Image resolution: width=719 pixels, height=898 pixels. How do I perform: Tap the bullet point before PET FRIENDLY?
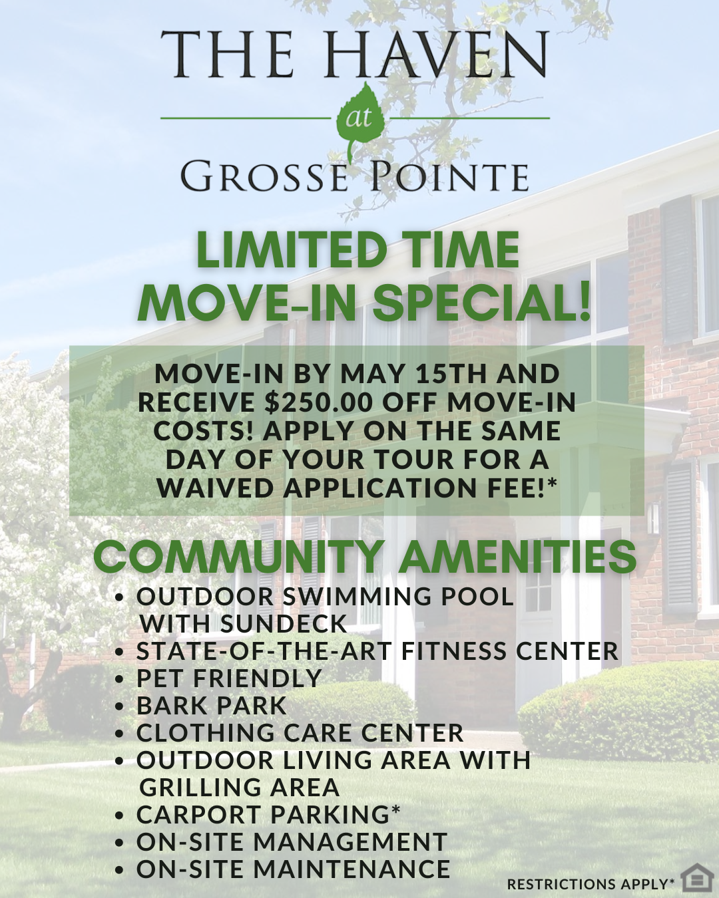coord(119,679)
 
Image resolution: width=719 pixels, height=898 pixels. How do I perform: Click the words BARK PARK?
coord(212,705)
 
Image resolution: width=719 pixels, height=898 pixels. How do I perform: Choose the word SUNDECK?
coord(284,623)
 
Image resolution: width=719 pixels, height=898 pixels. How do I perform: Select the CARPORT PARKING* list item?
coord(268,814)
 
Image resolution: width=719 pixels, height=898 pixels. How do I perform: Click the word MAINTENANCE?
coord(352,869)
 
